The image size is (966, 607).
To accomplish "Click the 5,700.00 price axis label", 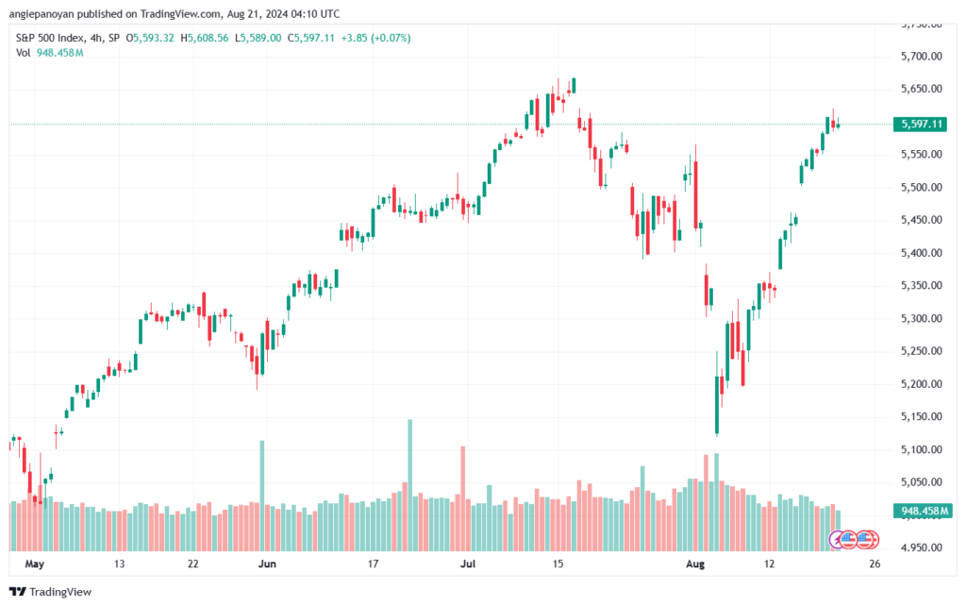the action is point(921,56).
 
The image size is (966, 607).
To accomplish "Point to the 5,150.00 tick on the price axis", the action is point(921,416).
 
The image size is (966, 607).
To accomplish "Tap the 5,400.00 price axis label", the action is point(921,253).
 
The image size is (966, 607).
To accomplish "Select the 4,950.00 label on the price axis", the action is point(921,548).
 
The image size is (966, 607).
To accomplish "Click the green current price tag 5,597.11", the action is point(921,124).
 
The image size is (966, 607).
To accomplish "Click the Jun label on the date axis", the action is point(267,564).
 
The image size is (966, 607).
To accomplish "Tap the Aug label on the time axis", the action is point(695,564).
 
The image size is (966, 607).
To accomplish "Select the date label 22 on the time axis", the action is point(192,564).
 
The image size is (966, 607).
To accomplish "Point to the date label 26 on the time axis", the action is point(874,564).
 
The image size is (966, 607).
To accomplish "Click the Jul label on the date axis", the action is point(468,564).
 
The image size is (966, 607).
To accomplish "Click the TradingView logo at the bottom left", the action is point(51,592).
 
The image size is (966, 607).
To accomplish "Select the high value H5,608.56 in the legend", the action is point(205,38).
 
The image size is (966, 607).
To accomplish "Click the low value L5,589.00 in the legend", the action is point(258,38).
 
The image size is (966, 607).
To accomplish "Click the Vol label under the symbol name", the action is point(23,53).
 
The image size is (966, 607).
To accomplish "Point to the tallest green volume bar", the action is point(409,485).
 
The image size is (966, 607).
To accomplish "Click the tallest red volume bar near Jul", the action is point(462,498).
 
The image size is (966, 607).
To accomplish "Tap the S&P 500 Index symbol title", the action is point(51,38).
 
